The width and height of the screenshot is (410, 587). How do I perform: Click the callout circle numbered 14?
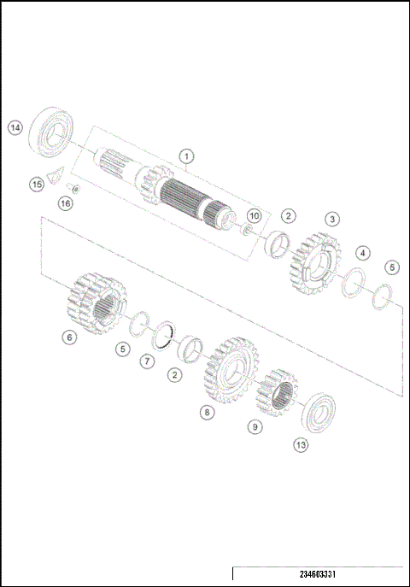pyautogui.click(x=15, y=127)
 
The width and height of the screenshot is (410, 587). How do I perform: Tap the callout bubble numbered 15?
pyautogui.click(x=36, y=184)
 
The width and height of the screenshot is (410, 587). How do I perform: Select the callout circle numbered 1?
pyautogui.click(x=187, y=156)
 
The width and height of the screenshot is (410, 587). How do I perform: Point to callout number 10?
pyautogui.click(x=254, y=215)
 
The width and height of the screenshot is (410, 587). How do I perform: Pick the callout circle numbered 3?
pyautogui.click(x=331, y=219)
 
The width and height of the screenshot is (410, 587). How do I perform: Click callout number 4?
pyautogui.click(x=363, y=253)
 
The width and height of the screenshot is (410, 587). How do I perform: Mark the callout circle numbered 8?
pyautogui.click(x=207, y=412)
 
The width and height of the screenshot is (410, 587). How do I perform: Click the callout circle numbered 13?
pyautogui.click(x=300, y=444)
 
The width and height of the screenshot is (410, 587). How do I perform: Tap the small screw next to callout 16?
pyautogui.click(x=72, y=188)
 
